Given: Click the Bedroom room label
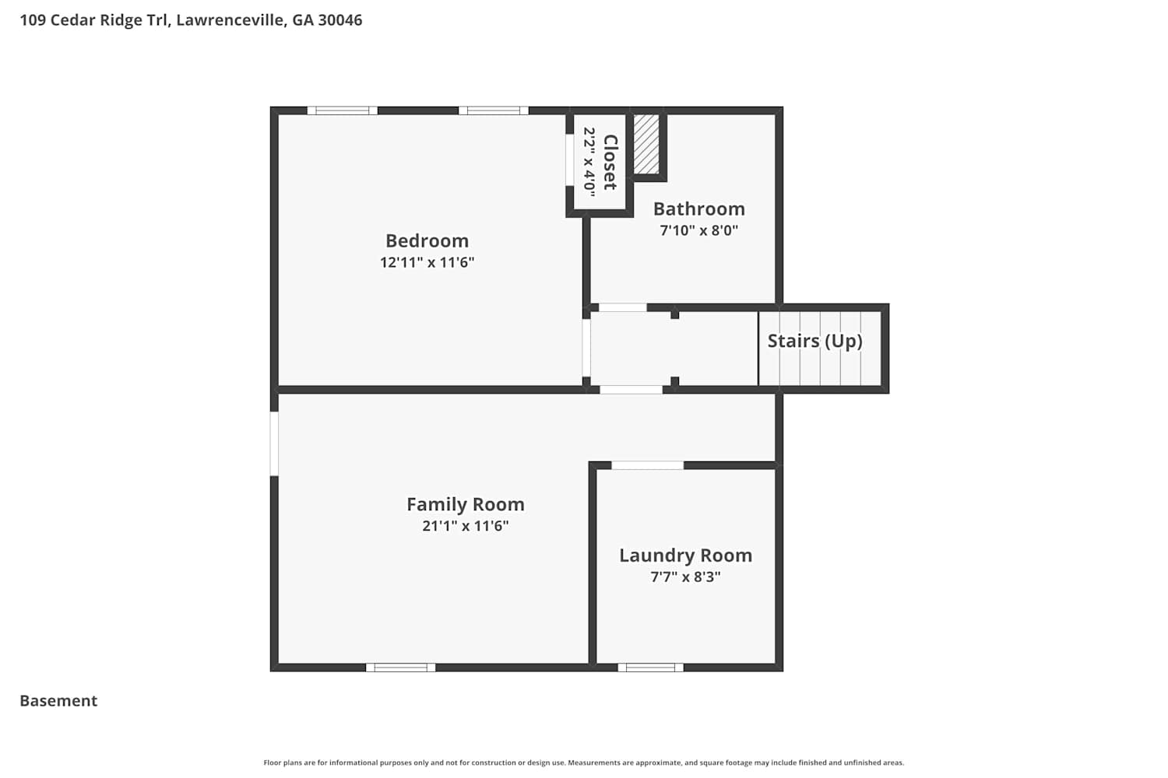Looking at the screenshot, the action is click(x=427, y=240).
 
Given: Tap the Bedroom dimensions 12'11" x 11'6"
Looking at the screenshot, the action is click(x=427, y=262).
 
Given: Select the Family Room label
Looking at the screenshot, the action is click(x=466, y=504).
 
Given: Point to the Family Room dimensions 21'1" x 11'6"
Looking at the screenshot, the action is click(x=466, y=526).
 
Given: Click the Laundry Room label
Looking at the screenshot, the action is click(x=686, y=555).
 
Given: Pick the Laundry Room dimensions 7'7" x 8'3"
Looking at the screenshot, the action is click(x=686, y=576).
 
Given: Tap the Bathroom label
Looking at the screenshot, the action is click(x=699, y=209).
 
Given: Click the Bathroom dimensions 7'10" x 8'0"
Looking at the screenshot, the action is click(x=699, y=230).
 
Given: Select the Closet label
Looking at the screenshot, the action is click(x=610, y=162).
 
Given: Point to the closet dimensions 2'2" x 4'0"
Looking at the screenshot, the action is click(x=589, y=162).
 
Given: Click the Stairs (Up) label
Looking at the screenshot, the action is click(x=815, y=342).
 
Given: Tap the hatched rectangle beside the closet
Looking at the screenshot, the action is click(x=646, y=145).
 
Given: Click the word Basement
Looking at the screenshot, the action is click(x=58, y=701).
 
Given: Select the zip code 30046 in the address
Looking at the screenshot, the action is click(x=340, y=19).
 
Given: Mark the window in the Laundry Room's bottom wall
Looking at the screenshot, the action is click(x=651, y=668).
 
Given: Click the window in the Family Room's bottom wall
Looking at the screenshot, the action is click(x=400, y=668).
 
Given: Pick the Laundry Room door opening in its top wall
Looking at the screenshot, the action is click(x=648, y=465).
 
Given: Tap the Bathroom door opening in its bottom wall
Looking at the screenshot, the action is click(x=623, y=307).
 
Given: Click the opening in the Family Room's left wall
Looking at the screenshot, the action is click(x=274, y=444).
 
